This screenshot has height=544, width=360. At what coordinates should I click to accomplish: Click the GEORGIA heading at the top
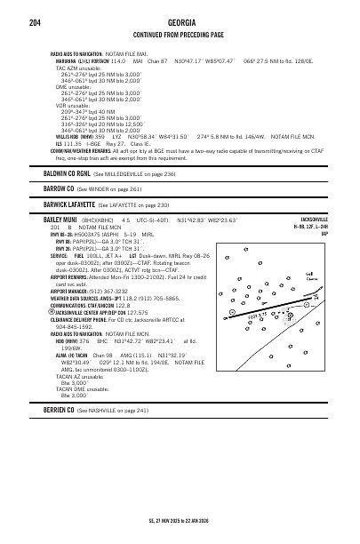point(179,22)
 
